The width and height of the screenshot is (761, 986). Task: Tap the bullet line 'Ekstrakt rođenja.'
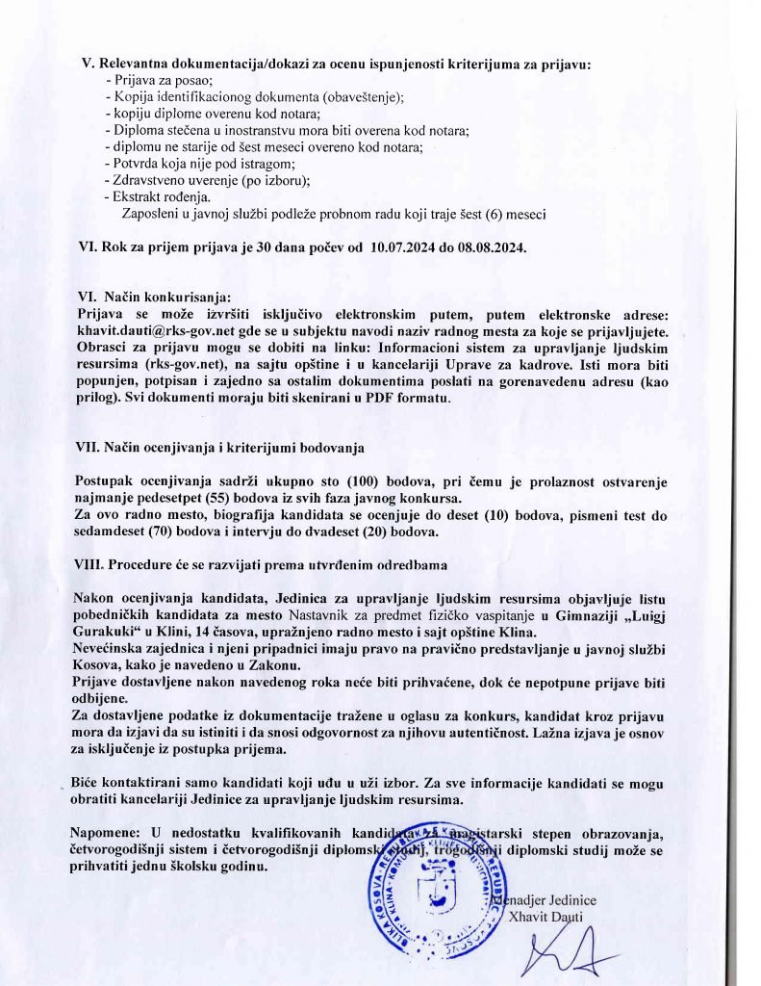[155, 196]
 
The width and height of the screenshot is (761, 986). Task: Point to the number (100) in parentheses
[362, 481]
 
